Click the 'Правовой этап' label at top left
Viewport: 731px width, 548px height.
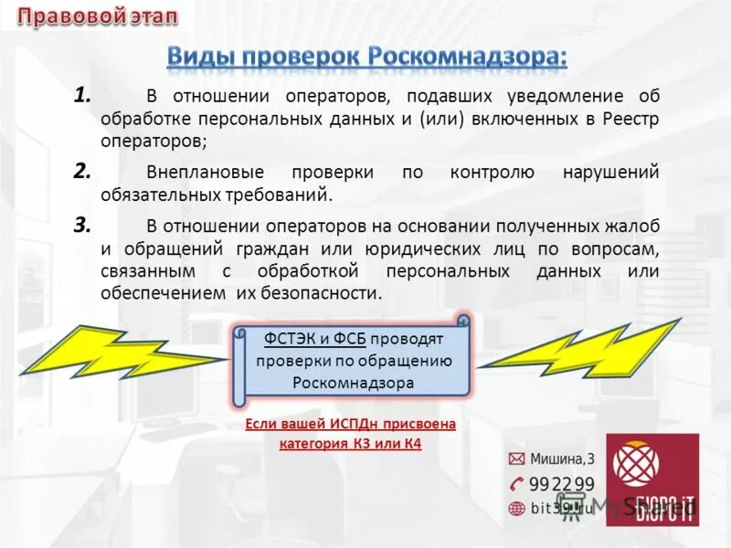pyautogui.click(x=99, y=16)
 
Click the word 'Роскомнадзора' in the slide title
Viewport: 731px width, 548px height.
pyautogui.click(x=468, y=55)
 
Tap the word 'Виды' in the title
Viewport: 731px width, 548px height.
pyautogui.click(x=203, y=55)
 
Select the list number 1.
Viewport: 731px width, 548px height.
pyautogui.click(x=82, y=94)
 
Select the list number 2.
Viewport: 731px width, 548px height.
pyautogui.click(x=82, y=170)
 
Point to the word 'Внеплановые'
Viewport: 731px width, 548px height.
pyautogui.click(x=205, y=173)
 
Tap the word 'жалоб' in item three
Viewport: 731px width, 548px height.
pyautogui.click(x=636, y=226)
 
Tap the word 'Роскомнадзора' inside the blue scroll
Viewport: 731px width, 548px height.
pyautogui.click(x=354, y=383)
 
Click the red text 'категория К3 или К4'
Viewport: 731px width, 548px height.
pyautogui.click(x=350, y=444)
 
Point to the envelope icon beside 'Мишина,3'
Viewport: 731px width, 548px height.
pyautogui.click(x=516, y=458)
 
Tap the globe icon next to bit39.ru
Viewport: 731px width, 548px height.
pyautogui.click(x=516, y=508)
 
